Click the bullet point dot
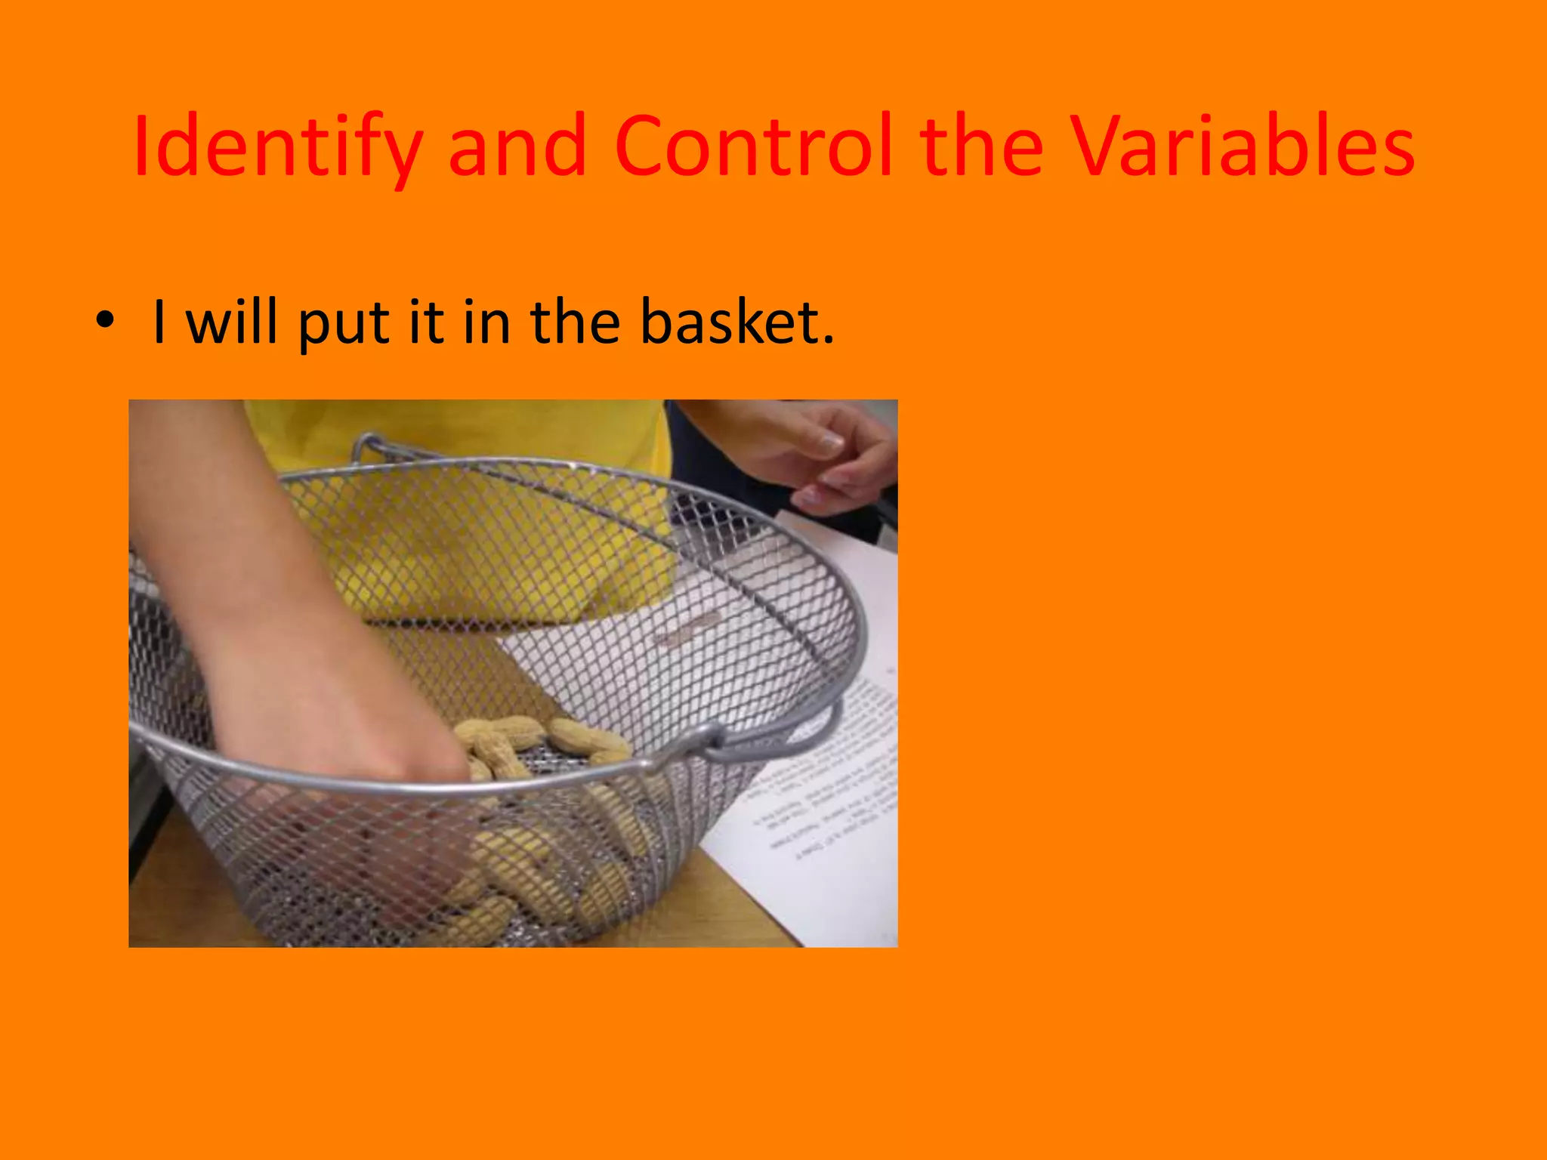(x=105, y=320)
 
